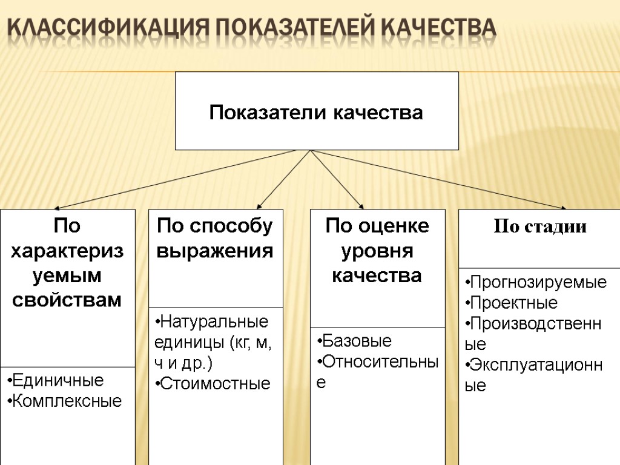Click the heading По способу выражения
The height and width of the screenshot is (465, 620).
point(215,239)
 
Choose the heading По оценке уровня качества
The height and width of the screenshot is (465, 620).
point(377,251)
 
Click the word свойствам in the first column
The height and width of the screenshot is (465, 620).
point(67,300)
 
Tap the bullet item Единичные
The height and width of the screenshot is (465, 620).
point(58,381)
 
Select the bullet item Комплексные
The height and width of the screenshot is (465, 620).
point(67,401)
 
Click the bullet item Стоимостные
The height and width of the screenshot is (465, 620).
point(215,383)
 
